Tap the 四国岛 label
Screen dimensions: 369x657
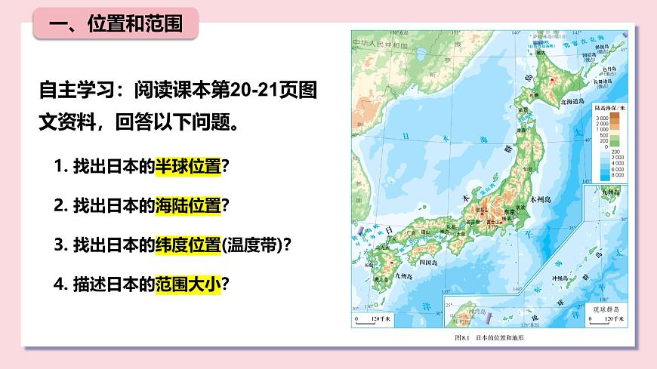(x=428, y=262)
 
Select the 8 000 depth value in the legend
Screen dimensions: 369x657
(x=601, y=175)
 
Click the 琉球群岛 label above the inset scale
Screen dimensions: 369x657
(x=606, y=309)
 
